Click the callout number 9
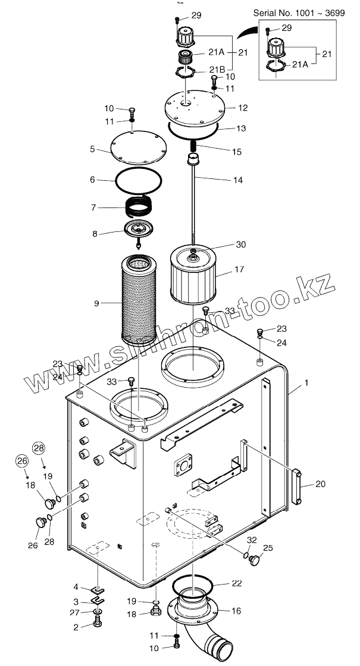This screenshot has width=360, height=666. [96, 304]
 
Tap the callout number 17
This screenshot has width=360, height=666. [239, 269]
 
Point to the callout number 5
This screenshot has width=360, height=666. [92, 149]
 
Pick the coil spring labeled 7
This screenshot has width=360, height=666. [142, 208]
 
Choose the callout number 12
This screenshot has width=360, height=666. [243, 108]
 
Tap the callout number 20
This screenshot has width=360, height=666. [320, 485]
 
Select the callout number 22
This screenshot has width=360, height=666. [237, 583]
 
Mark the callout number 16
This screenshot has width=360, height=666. [236, 611]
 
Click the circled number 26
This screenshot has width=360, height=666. [21, 460]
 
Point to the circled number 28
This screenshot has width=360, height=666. [39, 448]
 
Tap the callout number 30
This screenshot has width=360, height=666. [240, 244]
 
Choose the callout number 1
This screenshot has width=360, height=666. [306, 384]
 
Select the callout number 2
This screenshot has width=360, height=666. [76, 627]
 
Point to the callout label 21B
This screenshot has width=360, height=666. [217, 69]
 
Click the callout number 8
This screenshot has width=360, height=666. [95, 234]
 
